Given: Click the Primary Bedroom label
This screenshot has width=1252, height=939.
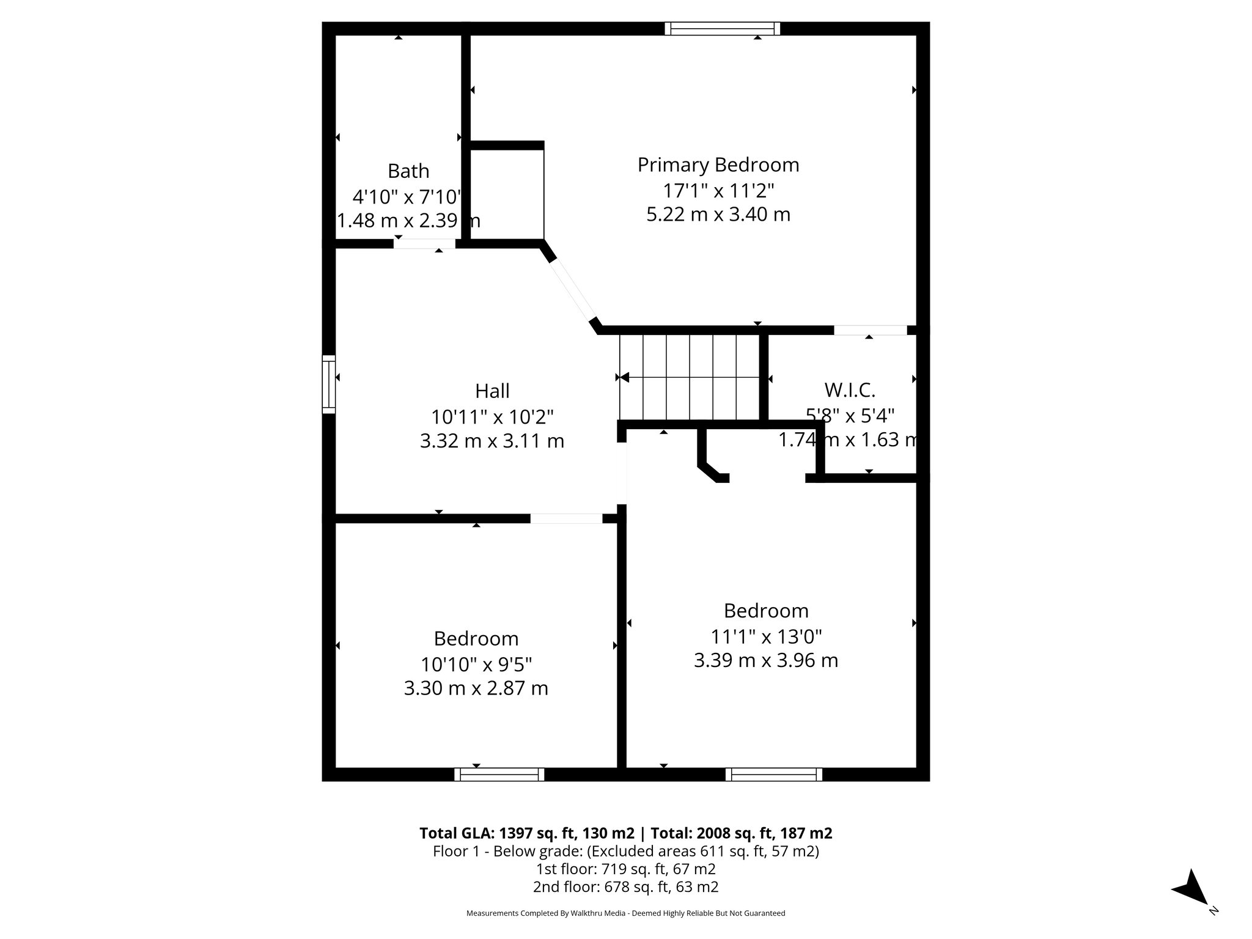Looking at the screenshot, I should pos(718,165).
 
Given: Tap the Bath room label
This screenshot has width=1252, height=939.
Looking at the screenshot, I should pos(408,171).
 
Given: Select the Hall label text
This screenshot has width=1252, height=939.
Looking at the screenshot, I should pos(492,391).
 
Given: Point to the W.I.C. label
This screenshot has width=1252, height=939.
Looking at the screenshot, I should pos(850,389).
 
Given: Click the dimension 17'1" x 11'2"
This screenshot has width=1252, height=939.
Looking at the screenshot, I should pos(718,191).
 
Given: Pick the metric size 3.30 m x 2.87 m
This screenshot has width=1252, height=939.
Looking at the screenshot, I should pos(476,688).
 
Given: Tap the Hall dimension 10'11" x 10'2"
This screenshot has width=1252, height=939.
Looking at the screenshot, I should pos(492,417).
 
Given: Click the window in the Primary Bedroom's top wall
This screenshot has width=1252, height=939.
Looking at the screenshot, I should pos(723,29).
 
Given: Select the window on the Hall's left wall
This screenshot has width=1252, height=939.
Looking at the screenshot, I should pos(329,384).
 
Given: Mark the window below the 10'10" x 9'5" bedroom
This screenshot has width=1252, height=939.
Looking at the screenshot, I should pos(499,775).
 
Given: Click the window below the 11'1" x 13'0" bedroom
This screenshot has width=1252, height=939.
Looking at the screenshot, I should pos(774,775).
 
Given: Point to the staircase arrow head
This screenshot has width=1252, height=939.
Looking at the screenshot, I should pos(624,378).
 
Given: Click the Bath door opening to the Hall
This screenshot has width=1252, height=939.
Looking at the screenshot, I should pos(424,243).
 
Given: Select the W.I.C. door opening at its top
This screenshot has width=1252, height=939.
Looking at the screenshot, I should pos(870,330).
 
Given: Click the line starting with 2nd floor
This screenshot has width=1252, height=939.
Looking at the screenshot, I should pos(625,886).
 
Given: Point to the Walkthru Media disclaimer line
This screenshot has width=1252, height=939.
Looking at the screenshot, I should pos(625,913).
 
